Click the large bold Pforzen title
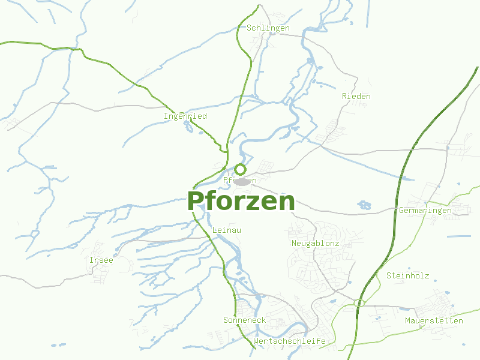[241, 201]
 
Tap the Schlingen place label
[268, 28]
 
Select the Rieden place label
[356, 96]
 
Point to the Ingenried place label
[185, 116]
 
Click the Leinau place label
[227, 230]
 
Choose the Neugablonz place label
[315, 244]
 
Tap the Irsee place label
[101, 260]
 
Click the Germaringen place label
[425, 211]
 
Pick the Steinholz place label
[407, 276]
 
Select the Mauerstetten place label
[434, 320]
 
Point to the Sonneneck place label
[244, 320]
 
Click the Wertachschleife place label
[289, 341]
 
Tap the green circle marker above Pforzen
[240, 169]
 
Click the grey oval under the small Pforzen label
[242, 181]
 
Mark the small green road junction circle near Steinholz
[359, 303]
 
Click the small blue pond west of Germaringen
[364, 205]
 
